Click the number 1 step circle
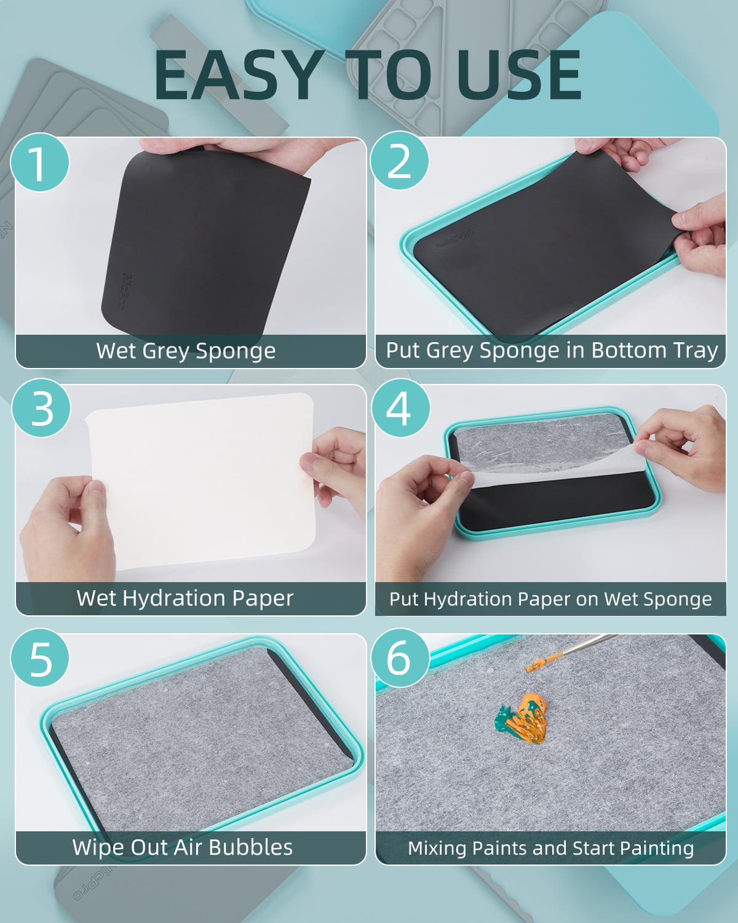click(x=39, y=162)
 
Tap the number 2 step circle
click(x=400, y=161)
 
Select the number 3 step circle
click(x=41, y=408)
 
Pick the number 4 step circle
click(x=400, y=408)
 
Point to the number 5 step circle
click(x=39, y=658)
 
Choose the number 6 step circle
click(x=400, y=658)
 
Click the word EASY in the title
click(x=239, y=75)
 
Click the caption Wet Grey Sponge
click(x=186, y=351)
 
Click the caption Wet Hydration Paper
click(x=185, y=598)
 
